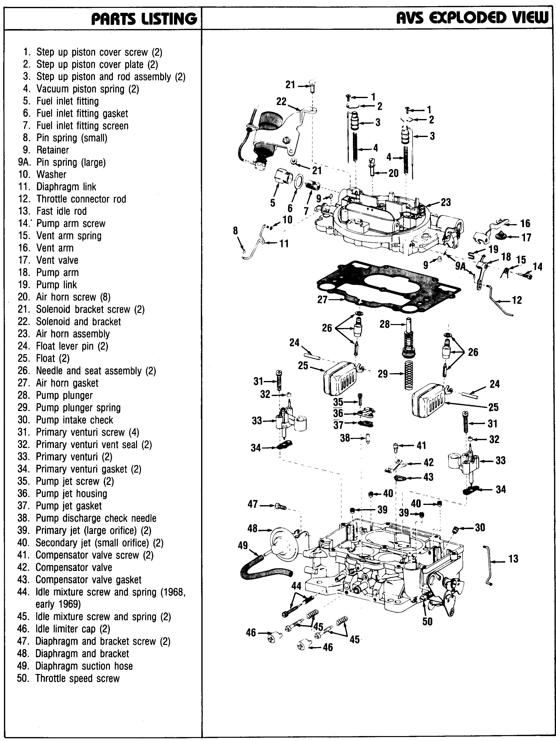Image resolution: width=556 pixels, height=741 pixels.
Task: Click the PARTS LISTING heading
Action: click(144, 18)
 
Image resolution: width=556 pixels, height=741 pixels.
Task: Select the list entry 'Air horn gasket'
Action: click(67, 383)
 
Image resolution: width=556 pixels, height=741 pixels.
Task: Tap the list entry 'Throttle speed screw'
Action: click(77, 678)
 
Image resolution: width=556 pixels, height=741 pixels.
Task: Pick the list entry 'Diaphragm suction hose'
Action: click(84, 666)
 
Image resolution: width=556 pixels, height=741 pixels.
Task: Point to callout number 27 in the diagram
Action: click(322, 299)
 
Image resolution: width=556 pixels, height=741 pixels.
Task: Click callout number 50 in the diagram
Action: click(427, 621)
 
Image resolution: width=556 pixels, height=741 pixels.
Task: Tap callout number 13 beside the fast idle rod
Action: click(513, 558)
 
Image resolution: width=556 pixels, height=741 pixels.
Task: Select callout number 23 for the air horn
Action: click(446, 202)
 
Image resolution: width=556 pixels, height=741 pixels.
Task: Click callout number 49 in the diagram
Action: click(243, 545)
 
